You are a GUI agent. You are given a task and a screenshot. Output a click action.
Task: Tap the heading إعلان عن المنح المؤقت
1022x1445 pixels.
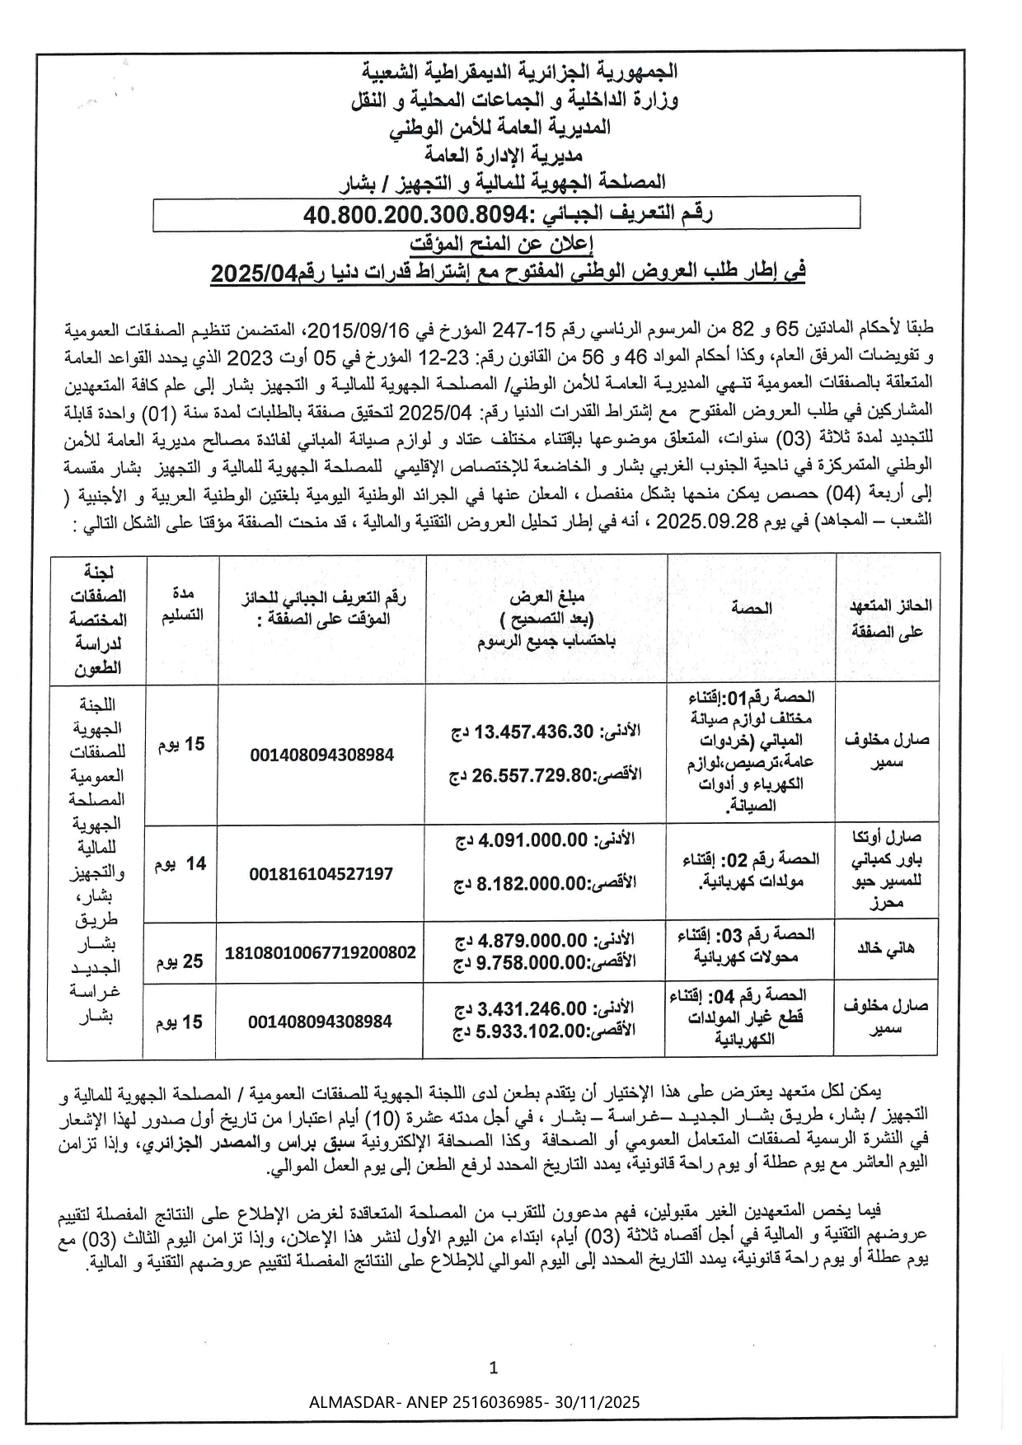pos(502,244)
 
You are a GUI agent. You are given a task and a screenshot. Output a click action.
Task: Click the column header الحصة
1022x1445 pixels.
pos(750,608)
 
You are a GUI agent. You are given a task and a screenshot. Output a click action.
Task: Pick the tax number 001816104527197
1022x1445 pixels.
pos(321,873)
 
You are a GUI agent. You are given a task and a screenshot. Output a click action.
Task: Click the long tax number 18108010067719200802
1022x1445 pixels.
pos(321,952)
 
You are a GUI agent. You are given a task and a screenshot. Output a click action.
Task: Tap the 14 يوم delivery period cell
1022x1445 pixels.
pos(181,864)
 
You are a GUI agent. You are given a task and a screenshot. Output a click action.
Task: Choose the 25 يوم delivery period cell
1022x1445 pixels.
pos(181,961)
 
